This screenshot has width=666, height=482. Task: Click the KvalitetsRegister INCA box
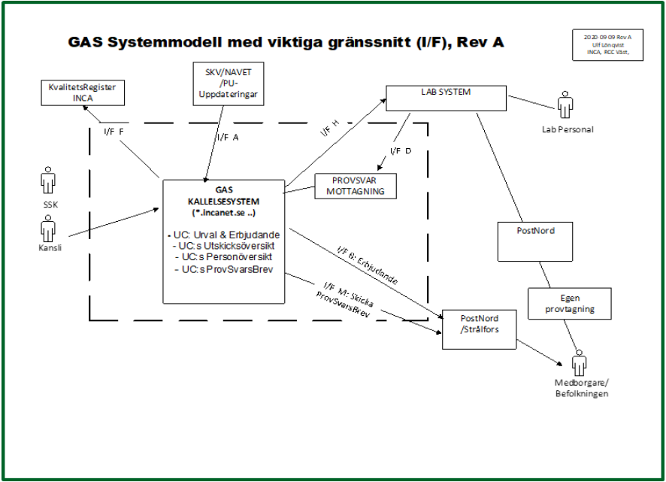pyautogui.click(x=83, y=92)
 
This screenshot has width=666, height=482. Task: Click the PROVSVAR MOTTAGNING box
pyautogui.click(x=355, y=185)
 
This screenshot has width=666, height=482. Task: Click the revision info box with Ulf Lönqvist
pyautogui.click(x=607, y=45)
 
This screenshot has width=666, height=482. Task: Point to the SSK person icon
pyautogui.click(x=48, y=183)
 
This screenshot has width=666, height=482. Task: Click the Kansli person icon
pyautogui.click(x=48, y=228)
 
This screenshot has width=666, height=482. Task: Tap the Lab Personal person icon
pyautogui.click(x=566, y=106)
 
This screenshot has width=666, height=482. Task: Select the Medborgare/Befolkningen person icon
pyautogui.click(x=579, y=365)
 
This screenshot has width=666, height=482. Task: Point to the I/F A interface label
pyautogui.click(x=228, y=138)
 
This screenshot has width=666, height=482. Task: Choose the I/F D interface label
pyautogui.click(x=401, y=151)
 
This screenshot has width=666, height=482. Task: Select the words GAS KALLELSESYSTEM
pyautogui.click(x=223, y=197)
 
